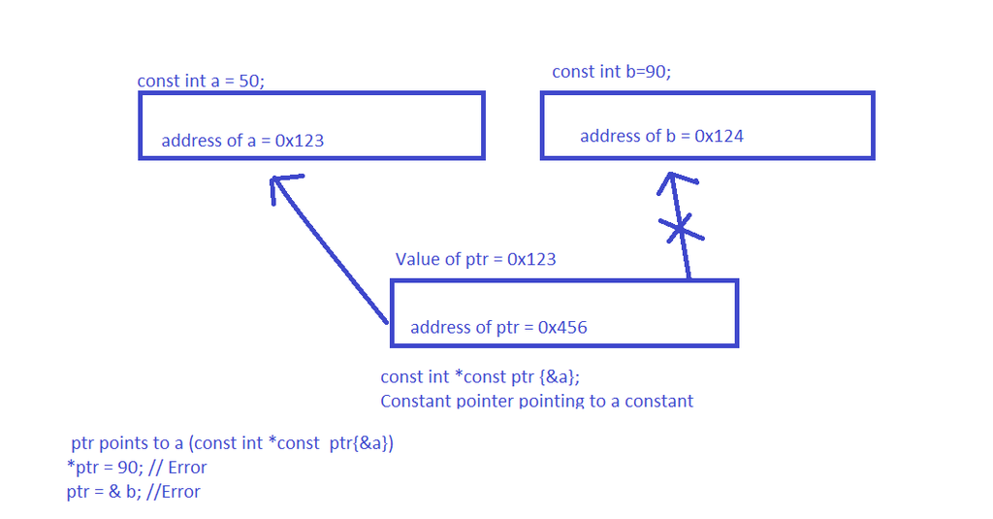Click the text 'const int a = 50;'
pos(201,81)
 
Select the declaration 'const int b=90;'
pos(611,72)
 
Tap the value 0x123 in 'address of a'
pos(300,141)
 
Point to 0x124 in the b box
pos(719,136)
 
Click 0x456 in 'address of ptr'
pos(562,328)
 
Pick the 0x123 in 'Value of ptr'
pos(531,259)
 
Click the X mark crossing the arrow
pos(681,229)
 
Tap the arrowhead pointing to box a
pos(283,186)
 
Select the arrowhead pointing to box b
pos(675,181)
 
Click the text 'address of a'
pos(208,141)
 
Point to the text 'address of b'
pos(627,136)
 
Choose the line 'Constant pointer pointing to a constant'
pos(537,401)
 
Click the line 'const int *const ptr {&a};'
pos(480,377)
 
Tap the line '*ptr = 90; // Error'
pos(137,468)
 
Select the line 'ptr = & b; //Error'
pos(134,492)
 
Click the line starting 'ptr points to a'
pos(233,443)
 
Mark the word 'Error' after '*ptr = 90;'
pos(187,468)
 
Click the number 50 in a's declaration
pos(249,81)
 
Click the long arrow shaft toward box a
pos(330,249)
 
